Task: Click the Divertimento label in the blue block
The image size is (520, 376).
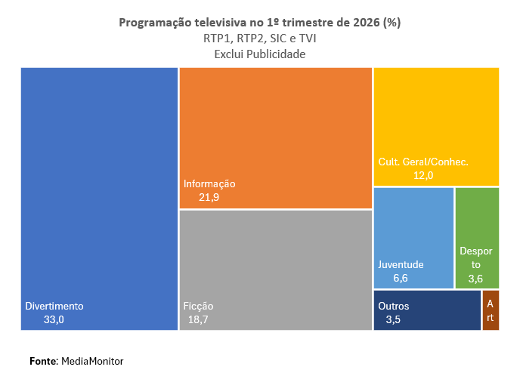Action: pyautogui.click(x=54, y=307)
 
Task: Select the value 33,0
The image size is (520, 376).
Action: pyautogui.click(x=54, y=320)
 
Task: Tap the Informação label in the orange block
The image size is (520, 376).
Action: pyautogui.click(x=209, y=183)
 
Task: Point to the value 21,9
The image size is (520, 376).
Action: pyautogui.click(x=209, y=197)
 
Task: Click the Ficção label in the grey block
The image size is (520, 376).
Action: pyautogui.click(x=198, y=307)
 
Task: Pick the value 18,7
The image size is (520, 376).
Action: pyautogui.click(x=198, y=320)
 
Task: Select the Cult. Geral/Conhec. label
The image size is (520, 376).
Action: pyautogui.click(x=423, y=162)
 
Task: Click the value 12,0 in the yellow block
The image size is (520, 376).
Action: pyautogui.click(x=423, y=175)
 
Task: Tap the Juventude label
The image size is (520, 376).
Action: pyautogui.click(x=401, y=265)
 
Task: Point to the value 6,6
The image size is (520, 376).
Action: pyautogui.click(x=401, y=279)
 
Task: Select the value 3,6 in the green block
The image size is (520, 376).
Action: pyautogui.click(x=475, y=279)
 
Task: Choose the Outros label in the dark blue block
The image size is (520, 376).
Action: pyautogui.click(x=394, y=307)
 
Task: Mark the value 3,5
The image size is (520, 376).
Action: pyautogui.click(x=393, y=320)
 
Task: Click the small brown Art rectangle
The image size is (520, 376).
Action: pyautogui.click(x=491, y=310)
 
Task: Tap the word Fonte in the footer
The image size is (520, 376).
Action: pyautogui.click(x=43, y=362)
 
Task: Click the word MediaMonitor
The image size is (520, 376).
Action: pyautogui.click(x=91, y=362)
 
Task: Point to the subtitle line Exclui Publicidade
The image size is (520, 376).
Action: pyautogui.click(x=259, y=54)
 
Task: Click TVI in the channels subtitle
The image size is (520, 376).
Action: pyautogui.click(x=306, y=39)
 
